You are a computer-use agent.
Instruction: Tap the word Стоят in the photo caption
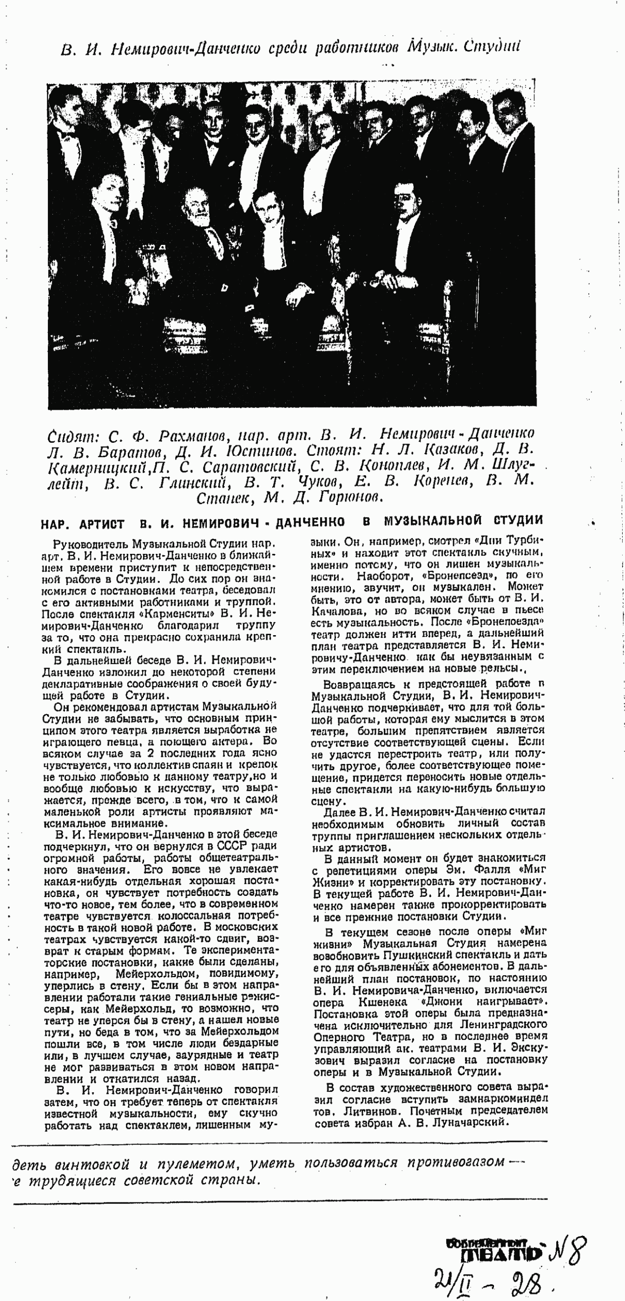331,449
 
